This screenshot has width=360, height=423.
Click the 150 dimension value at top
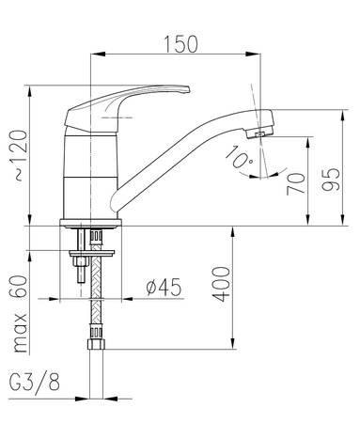(x=181, y=44)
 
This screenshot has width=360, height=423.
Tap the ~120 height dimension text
(x=21, y=155)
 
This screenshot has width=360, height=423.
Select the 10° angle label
(x=239, y=157)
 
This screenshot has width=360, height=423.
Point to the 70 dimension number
(x=296, y=183)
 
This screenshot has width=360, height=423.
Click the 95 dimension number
(x=331, y=180)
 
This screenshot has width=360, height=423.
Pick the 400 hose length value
(x=221, y=284)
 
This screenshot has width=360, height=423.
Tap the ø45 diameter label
(x=164, y=287)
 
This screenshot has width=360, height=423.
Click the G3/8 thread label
(x=35, y=382)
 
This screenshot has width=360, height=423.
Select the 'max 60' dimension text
(x=21, y=314)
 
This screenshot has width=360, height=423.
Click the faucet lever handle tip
(x=188, y=90)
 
